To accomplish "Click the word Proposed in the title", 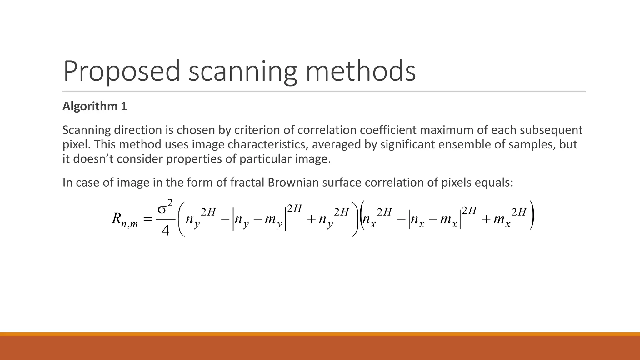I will click(x=121, y=71).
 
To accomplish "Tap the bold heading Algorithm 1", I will click(x=95, y=106).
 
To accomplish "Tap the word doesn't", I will click(x=91, y=159).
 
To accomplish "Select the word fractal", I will click(x=247, y=182).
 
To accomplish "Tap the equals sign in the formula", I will click(x=147, y=220).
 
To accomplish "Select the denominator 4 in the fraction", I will click(x=165, y=231).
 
